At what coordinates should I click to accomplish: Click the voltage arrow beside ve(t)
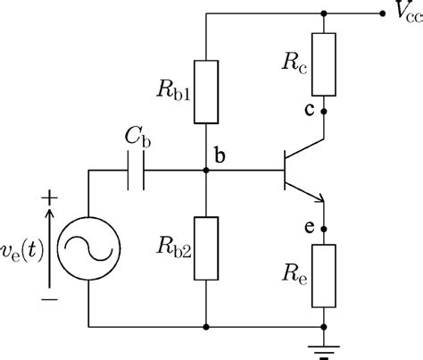tap(50, 247)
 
